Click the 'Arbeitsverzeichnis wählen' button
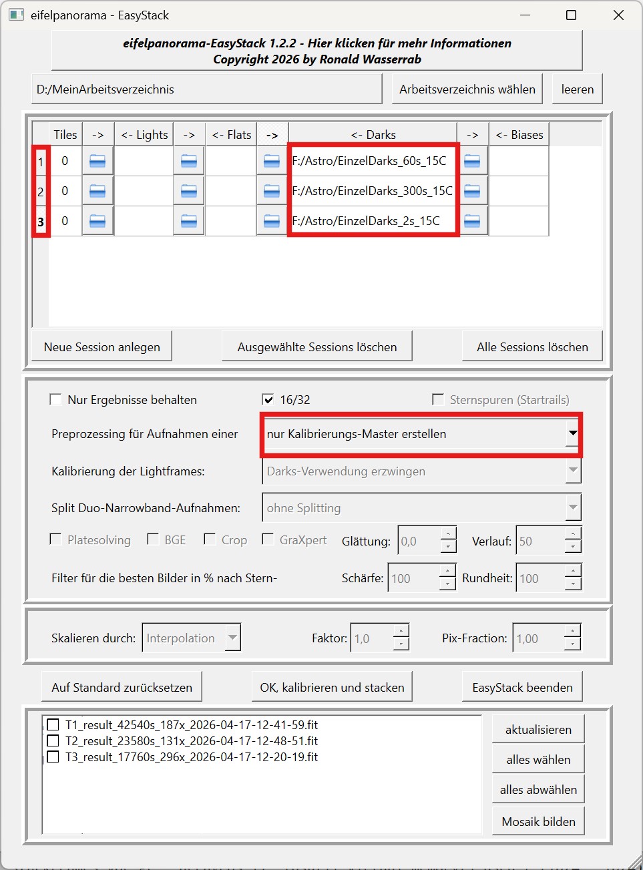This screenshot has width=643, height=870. [x=467, y=89]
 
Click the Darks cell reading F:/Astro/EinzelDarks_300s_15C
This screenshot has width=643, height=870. [x=372, y=191]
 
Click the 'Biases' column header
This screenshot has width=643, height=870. [x=519, y=135]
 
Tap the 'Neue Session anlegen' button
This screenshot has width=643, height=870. [x=102, y=347]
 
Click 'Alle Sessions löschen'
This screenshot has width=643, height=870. [x=532, y=347]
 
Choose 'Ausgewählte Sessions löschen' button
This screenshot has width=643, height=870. [x=317, y=347]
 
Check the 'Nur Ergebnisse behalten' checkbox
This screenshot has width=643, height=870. [x=56, y=400]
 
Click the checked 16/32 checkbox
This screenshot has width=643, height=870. [x=268, y=400]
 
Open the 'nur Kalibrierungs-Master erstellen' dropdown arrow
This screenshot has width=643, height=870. [x=572, y=434]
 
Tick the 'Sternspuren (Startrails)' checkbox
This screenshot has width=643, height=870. [x=438, y=400]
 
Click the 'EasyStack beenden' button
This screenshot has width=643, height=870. [x=522, y=688]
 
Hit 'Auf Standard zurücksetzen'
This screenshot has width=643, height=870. [x=122, y=688]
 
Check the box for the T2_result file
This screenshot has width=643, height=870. [x=53, y=741]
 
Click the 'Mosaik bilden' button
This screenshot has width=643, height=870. [x=538, y=822]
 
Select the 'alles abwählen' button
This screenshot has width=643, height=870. [x=538, y=790]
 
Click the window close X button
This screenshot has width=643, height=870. [x=618, y=15]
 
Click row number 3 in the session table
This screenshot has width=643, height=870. [x=41, y=222]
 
